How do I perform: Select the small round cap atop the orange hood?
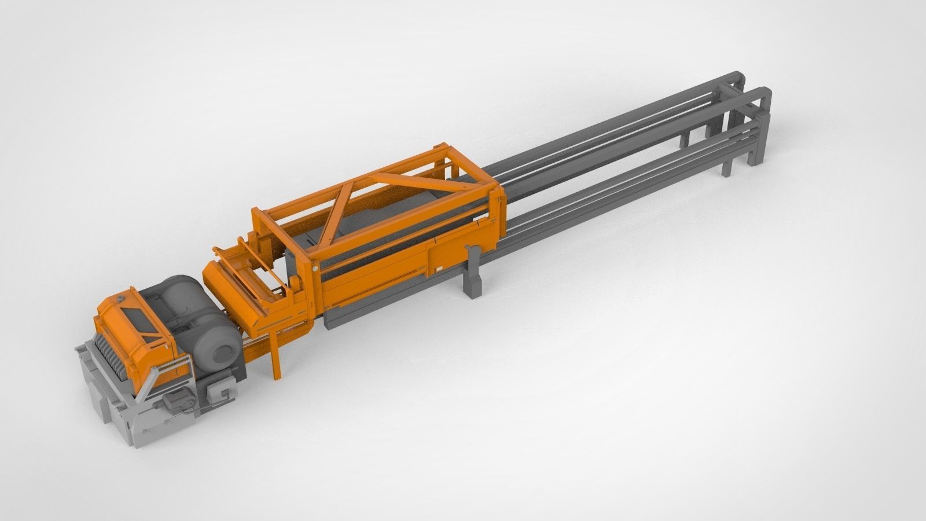(120, 298)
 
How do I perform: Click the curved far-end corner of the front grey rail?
(765, 93)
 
